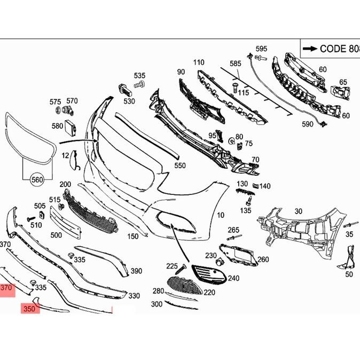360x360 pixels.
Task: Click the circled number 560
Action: pyautogui.click(x=37, y=179)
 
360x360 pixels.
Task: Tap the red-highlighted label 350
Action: pyautogui.click(x=30, y=309)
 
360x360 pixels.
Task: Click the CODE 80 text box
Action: pyautogui.click(x=330, y=49)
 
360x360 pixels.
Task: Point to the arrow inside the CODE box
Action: pyautogui.click(x=310, y=49)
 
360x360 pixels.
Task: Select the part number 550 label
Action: pyautogui.click(x=180, y=166)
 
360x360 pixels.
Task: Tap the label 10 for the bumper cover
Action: pyautogui.click(x=221, y=216)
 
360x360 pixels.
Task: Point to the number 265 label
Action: pyautogui.click(x=233, y=230)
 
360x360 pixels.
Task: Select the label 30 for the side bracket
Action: pyautogui.click(x=298, y=212)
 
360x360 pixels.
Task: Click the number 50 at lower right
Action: pyautogui.click(x=349, y=275)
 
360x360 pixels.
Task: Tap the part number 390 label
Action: pyautogui.click(x=136, y=271)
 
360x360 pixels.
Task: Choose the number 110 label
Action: pyautogui.click(x=199, y=62)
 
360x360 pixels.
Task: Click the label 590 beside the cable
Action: pyautogui.click(x=308, y=124)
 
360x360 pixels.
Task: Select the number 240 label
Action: pyautogui.click(x=233, y=278)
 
